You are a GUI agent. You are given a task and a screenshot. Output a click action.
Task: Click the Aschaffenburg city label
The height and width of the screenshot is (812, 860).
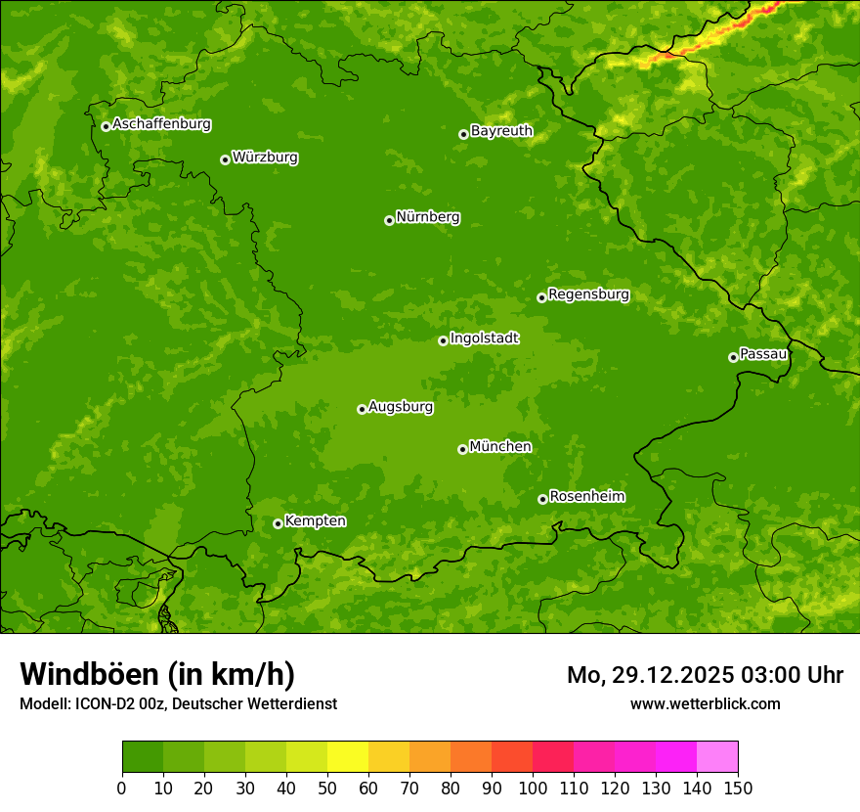click(x=161, y=124)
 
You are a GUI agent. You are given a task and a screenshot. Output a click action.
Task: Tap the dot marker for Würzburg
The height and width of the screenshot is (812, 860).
click(x=225, y=159)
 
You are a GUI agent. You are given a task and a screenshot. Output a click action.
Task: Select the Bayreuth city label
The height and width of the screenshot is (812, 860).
click(x=501, y=130)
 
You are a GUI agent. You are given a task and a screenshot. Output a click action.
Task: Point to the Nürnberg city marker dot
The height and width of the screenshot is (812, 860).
click(x=389, y=220)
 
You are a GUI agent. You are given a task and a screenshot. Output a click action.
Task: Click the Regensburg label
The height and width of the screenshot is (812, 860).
click(x=588, y=294)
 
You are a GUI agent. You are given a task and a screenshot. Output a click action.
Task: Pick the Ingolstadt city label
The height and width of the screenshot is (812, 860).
click(x=484, y=338)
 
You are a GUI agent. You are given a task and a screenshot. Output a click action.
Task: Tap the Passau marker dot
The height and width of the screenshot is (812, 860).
click(x=733, y=357)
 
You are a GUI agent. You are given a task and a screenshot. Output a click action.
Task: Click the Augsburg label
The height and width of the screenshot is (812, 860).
click(x=401, y=406)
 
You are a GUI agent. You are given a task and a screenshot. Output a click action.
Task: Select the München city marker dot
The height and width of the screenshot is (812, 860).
click(x=462, y=449)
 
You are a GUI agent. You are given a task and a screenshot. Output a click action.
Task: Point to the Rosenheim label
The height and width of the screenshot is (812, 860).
click(x=586, y=496)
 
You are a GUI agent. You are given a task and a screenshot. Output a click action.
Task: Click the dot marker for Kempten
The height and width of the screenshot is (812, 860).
click(x=278, y=523)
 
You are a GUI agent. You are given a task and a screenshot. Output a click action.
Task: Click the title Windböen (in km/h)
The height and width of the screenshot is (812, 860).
click(x=156, y=674)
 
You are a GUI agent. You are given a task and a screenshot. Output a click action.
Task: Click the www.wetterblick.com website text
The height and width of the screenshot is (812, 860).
click(x=705, y=703)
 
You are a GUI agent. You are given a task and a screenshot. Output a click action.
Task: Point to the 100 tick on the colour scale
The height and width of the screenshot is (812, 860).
click(x=533, y=788)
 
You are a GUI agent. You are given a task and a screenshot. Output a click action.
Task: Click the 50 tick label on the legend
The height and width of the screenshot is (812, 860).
click(x=327, y=788)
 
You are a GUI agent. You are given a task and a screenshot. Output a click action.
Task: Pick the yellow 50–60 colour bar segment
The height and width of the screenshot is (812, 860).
click(x=348, y=757)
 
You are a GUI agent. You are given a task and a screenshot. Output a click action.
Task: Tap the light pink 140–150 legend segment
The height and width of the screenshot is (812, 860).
click(x=717, y=757)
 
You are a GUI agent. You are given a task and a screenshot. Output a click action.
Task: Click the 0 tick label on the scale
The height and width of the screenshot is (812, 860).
click(x=122, y=788)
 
